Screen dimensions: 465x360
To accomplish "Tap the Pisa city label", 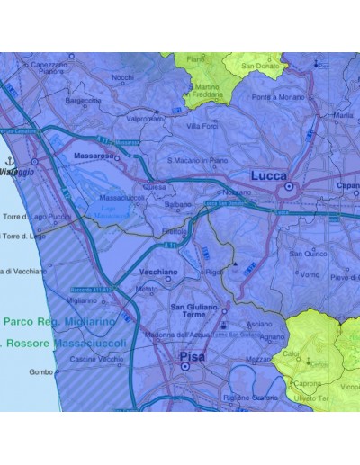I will tap(192, 357).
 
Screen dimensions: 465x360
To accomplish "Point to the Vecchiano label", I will tap(158, 271).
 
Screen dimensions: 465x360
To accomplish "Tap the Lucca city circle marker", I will tap(289, 188).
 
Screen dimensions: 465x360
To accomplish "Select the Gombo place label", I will tap(40, 371).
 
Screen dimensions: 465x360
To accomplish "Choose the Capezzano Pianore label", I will tap(51, 67).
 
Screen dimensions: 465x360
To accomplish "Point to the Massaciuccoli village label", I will tap(122, 196).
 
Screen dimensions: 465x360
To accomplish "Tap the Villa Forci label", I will tap(203, 126).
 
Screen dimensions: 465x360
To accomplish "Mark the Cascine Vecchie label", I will tap(97, 359).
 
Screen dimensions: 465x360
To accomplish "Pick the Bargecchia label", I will tap(84, 101).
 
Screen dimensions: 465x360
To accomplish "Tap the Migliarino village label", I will tap(82, 300).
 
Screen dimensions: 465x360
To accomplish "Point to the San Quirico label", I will tap(309, 254).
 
